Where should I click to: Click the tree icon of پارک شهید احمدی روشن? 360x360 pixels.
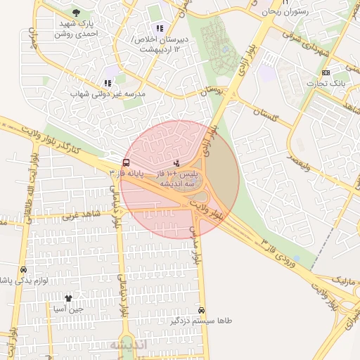tap(76, 13)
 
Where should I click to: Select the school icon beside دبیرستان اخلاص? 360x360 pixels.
tap(160, 29)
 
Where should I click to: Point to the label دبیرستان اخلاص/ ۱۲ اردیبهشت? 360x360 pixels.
tap(163, 45)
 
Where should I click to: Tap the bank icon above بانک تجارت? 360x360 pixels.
tap(326, 72)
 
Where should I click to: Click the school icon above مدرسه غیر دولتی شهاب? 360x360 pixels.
tap(108, 82)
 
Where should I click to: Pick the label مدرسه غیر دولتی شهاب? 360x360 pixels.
tap(108, 94)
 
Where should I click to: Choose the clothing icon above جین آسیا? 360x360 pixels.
tap(68, 298)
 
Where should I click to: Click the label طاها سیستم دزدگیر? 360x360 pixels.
tap(200, 321)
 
